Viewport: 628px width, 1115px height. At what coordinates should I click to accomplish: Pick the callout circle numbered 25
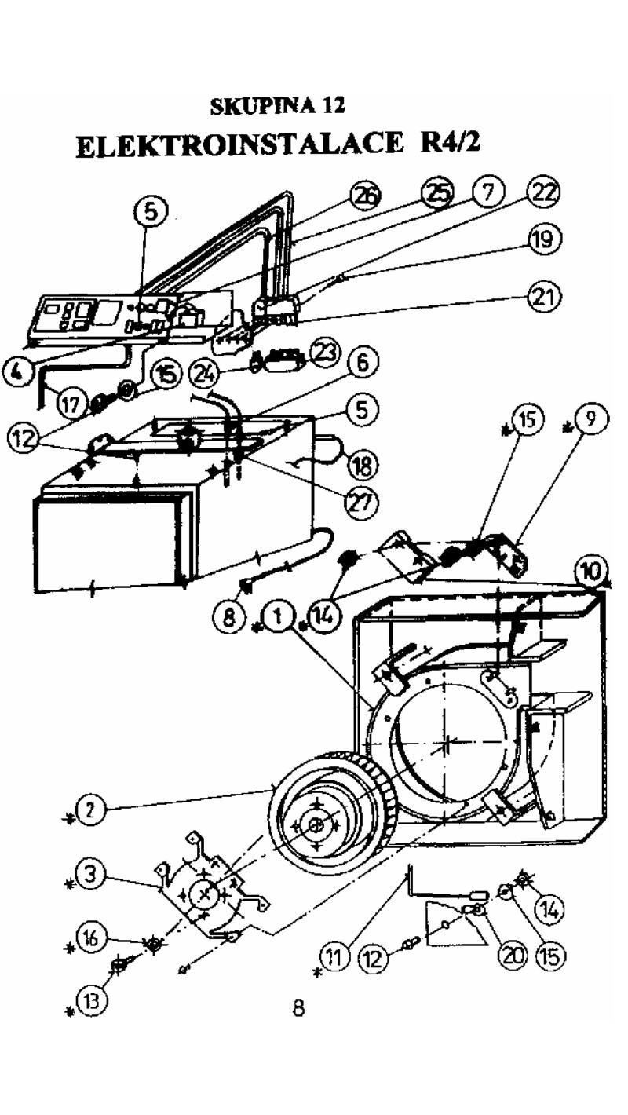pyautogui.click(x=437, y=193)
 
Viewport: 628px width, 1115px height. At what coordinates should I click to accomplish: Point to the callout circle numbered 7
pyautogui.click(x=489, y=192)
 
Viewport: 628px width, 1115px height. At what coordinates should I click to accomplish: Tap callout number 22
pyautogui.click(x=543, y=192)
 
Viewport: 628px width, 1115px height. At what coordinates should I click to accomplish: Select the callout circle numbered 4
pyautogui.click(x=18, y=372)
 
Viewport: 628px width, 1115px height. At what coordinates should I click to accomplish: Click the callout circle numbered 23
pyautogui.click(x=325, y=353)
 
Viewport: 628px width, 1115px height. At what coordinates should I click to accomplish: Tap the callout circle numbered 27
pyautogui.click(x=362, y=503)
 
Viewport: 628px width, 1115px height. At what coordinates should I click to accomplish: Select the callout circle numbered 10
pyautogui.click(x=590, y=571)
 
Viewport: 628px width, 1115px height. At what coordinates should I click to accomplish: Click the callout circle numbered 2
pyautogui.click(x=90, y=810)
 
